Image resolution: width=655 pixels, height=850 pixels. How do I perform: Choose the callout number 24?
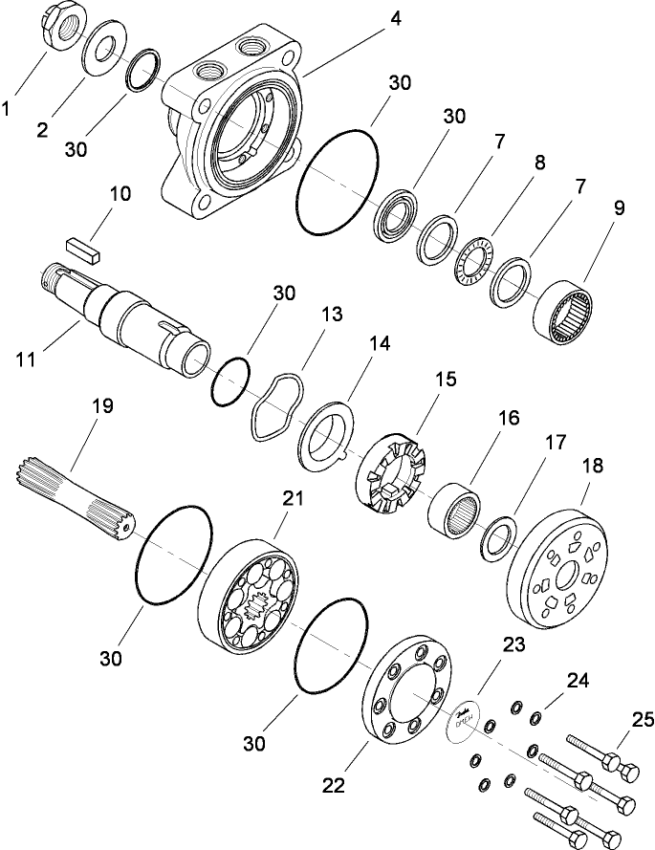click(578, 681)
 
